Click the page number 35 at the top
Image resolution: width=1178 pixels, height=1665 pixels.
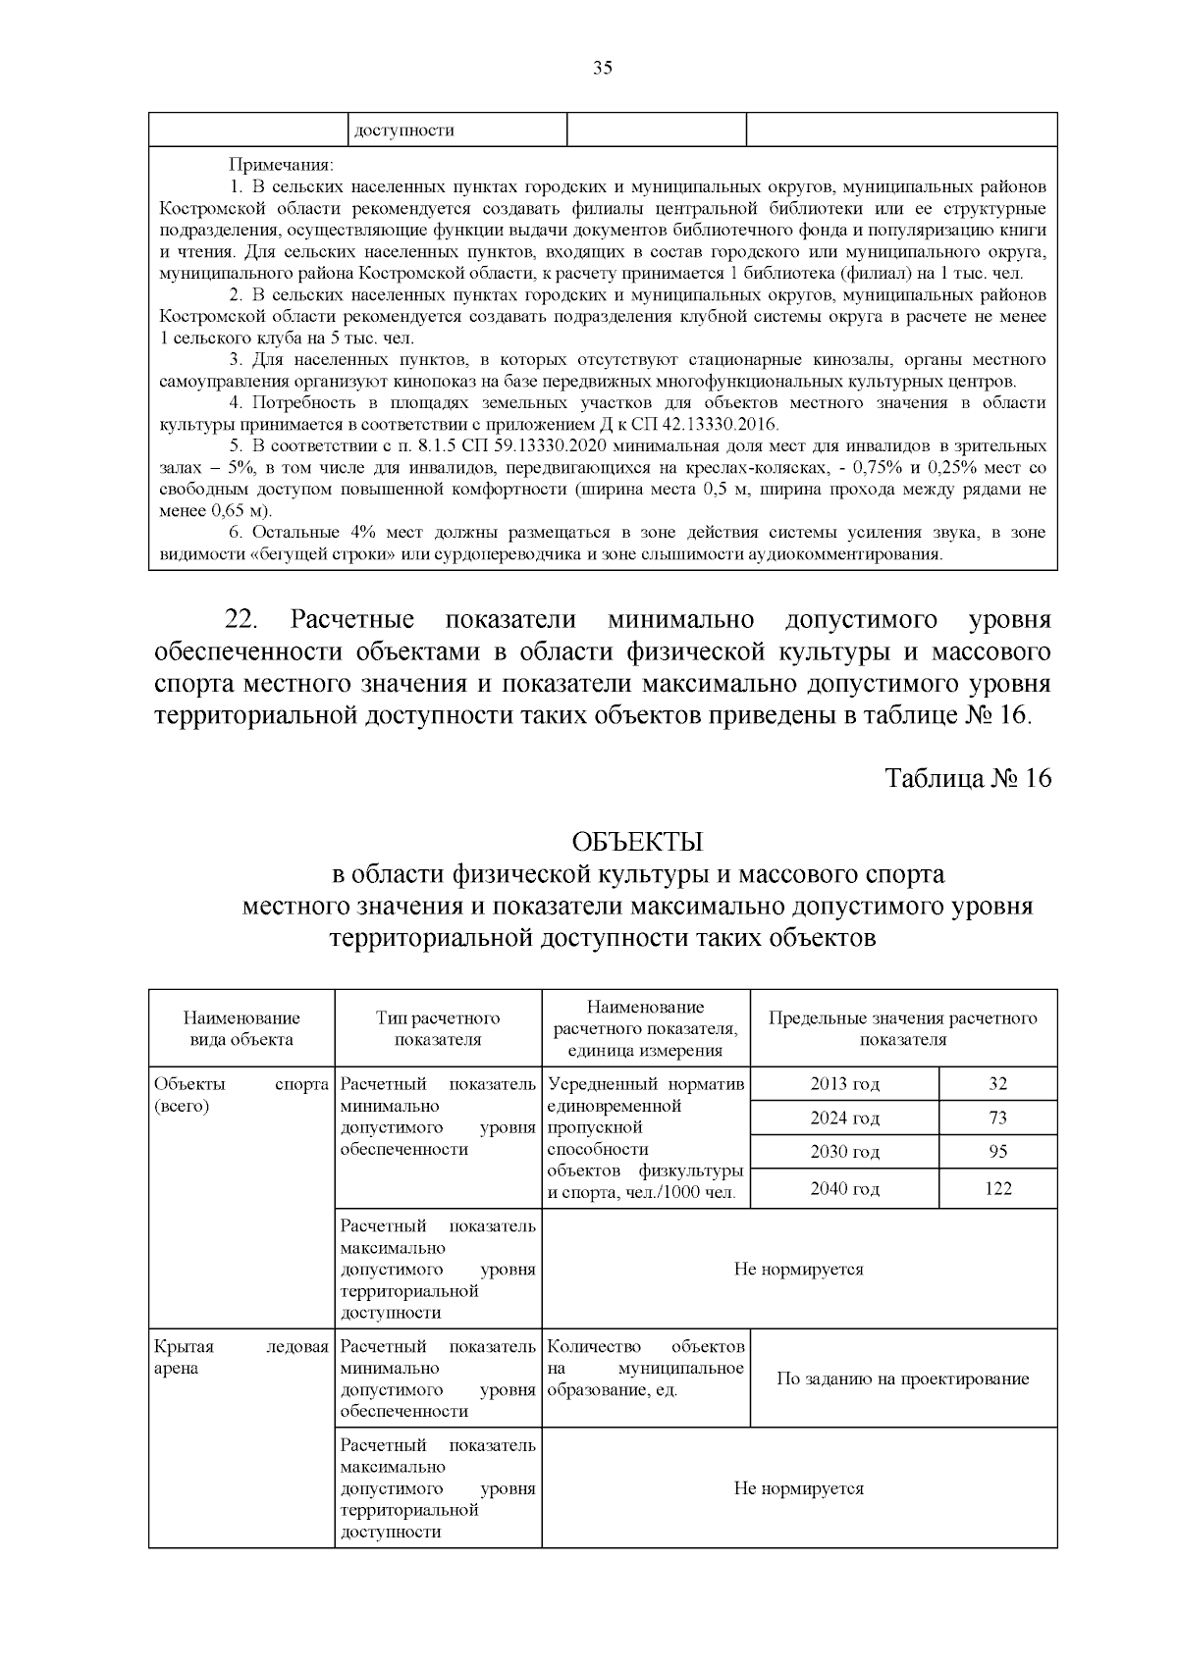[602, 68]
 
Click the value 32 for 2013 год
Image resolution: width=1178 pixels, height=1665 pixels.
[997, 1083]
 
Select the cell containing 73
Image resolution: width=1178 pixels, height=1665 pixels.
[997, 1118]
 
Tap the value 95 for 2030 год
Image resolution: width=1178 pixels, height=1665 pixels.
[997, 1151]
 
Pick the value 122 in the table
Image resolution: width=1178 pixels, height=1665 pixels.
[997, 1188]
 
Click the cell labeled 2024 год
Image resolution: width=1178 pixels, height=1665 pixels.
[844, 1118]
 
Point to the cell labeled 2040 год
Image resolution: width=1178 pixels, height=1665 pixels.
[844, 1188]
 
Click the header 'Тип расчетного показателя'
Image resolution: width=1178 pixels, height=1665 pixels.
[438, 1028]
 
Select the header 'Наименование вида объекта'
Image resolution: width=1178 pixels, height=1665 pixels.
[241, 1028]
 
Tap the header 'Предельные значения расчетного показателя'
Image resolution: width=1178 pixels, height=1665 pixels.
[902, 1028]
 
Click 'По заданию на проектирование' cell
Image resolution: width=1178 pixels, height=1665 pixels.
[902, 1379]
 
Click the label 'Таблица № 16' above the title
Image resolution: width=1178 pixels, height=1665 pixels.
[967, 778]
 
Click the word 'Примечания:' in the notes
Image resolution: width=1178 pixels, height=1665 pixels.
[282, 164]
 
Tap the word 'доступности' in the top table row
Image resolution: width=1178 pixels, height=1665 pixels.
[403, 130]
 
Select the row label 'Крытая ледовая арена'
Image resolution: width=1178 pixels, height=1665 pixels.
[241, 1357]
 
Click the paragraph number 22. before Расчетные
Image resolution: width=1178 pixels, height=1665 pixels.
[241, 620]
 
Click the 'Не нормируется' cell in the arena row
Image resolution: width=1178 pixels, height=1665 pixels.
[798, 1488]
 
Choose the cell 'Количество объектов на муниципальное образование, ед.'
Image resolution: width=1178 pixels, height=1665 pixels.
[645, 1368]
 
